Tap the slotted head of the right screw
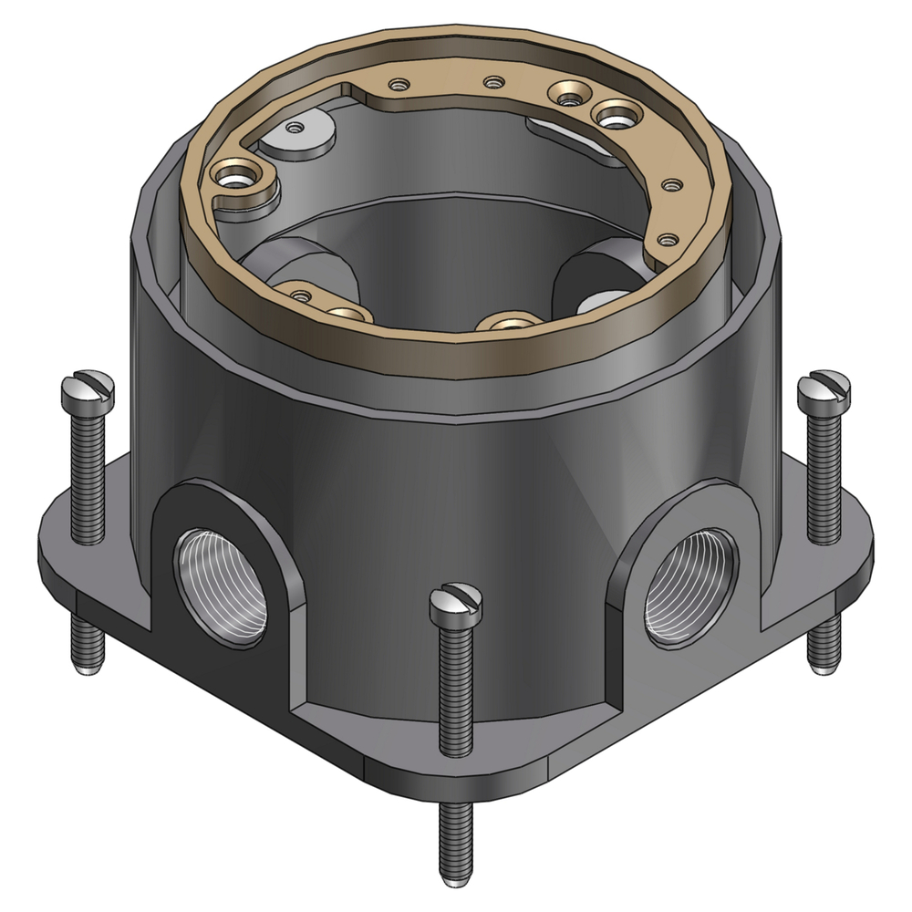tap(823, 389)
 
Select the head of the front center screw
tap(455, 603)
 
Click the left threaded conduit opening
tap(221, 585)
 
